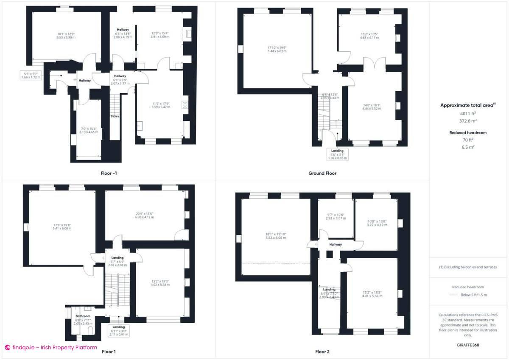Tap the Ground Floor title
[322, 173]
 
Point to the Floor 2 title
[322, 352]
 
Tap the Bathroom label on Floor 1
[83, 316]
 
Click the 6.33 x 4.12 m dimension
[144, 217]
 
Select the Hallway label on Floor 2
[336, 245]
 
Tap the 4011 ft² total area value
[468, 114]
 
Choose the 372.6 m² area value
[468, 120]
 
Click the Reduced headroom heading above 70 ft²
[468, 133]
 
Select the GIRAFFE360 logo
[468, 345]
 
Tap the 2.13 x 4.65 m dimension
[88, 132]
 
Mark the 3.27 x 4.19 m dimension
[376, 225]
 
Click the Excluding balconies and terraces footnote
[468, 267]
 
